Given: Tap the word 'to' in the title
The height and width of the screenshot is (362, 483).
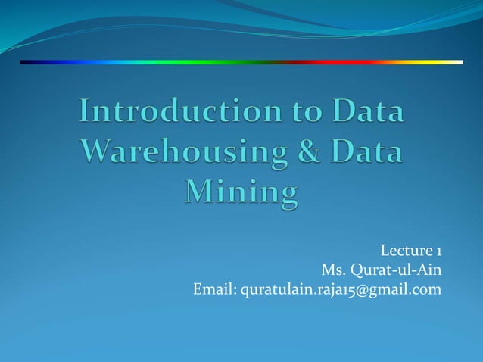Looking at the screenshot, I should [x=301, y=112].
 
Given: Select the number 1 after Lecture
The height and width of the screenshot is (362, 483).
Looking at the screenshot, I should [x=438, y=251].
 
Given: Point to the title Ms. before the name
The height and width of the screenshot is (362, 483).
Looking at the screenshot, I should [x=333, y=270].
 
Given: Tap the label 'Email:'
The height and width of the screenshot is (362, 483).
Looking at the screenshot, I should [x=215, y=289].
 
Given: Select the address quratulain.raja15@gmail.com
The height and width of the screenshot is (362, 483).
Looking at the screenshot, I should [x=341, y=289].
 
